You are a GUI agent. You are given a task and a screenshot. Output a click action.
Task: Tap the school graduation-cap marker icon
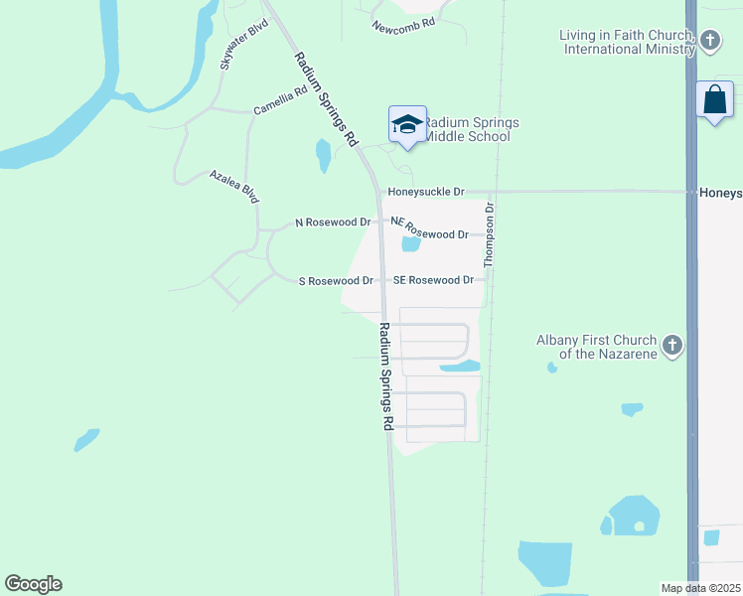pyautogui.click(x=407, y=124)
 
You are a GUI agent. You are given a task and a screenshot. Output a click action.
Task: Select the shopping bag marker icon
pyautogui.click(x=714, y=99)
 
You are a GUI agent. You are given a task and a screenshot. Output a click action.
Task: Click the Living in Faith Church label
pyautogui.click(x=627, y=42)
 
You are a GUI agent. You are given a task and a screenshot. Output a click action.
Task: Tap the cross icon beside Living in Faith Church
pyautogui.click(x=709, y=41)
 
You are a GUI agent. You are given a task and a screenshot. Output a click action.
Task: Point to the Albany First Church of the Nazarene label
pyautogui.click(x=598, y=346)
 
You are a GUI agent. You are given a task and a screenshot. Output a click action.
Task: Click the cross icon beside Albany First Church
pyautogui.click(x=672, y=346)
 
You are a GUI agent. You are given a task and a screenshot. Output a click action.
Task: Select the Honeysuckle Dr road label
pyautogui.click(x=426, y=191)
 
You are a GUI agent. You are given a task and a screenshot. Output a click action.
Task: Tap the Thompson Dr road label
pyautogui.click(x=489, y=235)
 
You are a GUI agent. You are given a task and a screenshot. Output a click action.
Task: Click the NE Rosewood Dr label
pyautogui.click(x=429, y=234)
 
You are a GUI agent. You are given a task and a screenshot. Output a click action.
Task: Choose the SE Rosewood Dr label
pyautogui.click(x=433, y=280)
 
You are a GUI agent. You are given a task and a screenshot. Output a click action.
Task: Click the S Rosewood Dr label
pyautogui.click(x=336, y=281)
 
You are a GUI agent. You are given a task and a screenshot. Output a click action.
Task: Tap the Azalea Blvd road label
pyautogui.click(x=234, y=186)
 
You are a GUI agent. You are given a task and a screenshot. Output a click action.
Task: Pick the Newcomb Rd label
pyautogui.click(x=403, y=24)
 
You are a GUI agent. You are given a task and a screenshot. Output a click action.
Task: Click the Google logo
pyautogui.click(x=33, y=584)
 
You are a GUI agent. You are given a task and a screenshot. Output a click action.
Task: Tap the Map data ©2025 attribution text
pyautogui.click(x=700, y=588)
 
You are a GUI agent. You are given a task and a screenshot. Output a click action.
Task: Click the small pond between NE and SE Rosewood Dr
pyautogui.click(x=409, y=244)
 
